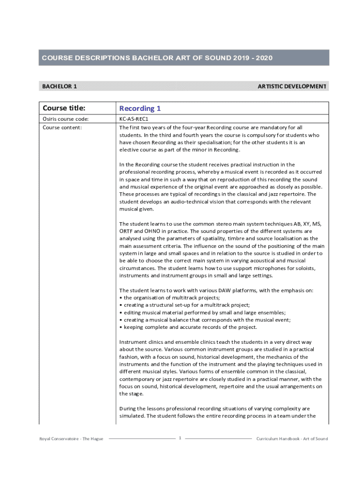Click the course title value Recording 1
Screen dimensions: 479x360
140,109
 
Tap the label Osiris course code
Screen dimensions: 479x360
65,119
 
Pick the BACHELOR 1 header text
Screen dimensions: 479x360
59,86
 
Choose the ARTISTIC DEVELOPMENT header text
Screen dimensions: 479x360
292,86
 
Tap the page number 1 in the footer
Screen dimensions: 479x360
180,438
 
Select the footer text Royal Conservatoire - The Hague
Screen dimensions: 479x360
72,439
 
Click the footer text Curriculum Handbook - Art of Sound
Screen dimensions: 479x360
292,439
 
